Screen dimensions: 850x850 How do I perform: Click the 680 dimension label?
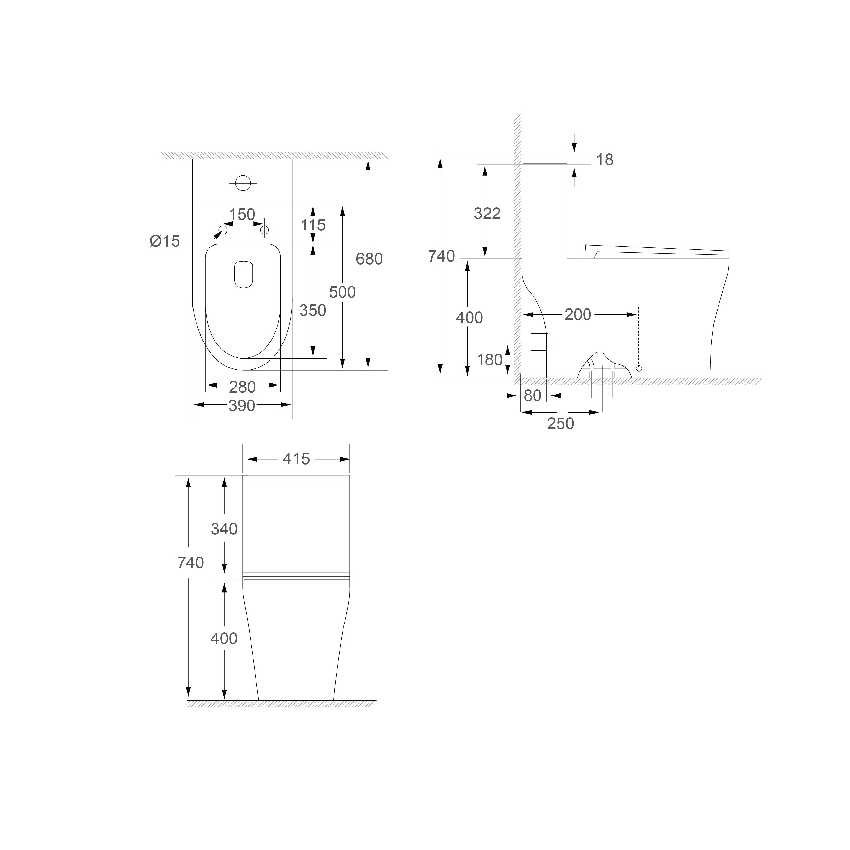[369, 259]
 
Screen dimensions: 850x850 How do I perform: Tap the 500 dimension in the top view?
[342, 292]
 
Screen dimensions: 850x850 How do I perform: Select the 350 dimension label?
[313, 311]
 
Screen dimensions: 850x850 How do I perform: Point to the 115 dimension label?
[313, 225]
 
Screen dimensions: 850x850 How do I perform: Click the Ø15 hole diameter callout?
[165, 241]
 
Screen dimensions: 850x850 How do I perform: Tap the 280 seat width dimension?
[242, 387]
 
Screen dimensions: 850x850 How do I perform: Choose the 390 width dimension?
[242, 406]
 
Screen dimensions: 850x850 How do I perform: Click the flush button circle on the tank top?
[243, 183]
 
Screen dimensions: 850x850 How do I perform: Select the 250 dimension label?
[561, 424]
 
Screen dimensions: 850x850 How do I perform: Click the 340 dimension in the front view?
[224, 529]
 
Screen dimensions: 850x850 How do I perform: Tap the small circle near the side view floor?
[639, 368]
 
